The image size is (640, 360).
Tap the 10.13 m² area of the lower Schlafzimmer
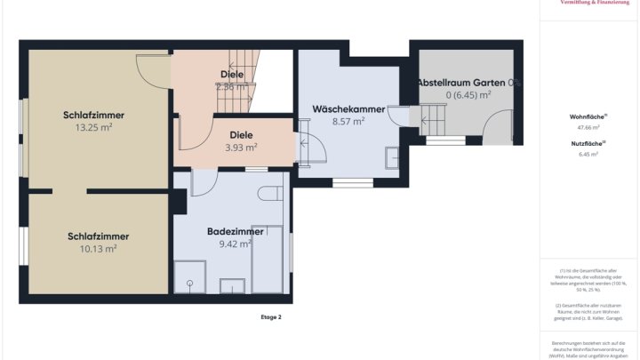click(98, 249)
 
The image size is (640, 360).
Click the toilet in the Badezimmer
click(270, 193)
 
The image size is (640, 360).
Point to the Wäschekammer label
click(348, 109)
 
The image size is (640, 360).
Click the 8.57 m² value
click(348, 122)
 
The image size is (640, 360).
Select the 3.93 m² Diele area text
click(241, 148)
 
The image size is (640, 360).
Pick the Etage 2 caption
click(270, 316)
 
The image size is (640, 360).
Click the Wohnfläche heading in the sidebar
click(588, 116)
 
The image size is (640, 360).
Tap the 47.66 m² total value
click(588, 128)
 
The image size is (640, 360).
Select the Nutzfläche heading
click(588, 143)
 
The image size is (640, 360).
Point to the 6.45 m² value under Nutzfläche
click(588, 155)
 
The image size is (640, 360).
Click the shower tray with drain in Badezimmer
click(188, 277)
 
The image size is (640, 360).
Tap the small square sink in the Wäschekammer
click(392, 158)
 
